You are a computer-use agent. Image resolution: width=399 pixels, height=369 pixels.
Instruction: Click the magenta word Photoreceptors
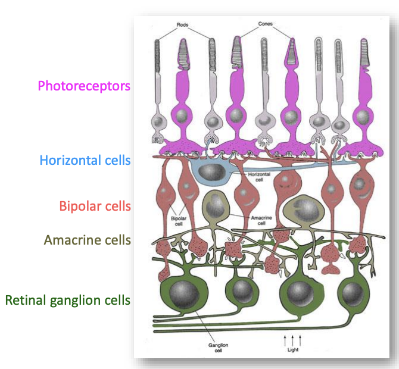[83, 86]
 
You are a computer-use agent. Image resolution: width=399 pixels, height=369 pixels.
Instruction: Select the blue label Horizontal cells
[85, 160]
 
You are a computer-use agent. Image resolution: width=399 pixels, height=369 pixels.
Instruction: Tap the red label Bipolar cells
[95, 206]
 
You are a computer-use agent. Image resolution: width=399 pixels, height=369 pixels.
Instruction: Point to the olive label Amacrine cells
[87, 240]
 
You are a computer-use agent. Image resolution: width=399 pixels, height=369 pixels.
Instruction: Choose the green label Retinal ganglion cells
[67, 299]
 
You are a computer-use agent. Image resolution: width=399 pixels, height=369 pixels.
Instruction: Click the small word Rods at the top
[183, 25]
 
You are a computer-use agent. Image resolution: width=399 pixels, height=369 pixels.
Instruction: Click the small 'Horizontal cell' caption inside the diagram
[261, 176]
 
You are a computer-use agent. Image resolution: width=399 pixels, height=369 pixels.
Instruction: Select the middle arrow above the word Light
[292, 340]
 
